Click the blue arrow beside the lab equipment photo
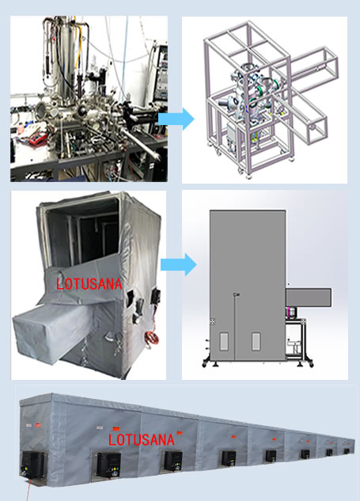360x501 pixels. pos(176,119)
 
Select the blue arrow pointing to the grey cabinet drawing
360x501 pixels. pos(179,264)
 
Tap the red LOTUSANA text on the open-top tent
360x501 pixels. pos(89,284)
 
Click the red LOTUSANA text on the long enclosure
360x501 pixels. pos(141,439)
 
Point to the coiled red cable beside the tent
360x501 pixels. pos(150,339)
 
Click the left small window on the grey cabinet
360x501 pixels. pos(224,341)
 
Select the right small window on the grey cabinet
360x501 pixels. pos(256,341)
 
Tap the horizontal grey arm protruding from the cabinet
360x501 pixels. pos(309,298)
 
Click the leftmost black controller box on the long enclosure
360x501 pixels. pos(33,465)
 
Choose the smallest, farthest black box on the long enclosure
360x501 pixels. pos(347,451)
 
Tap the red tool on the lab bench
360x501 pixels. pos(38,138)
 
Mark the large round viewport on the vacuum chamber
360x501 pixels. pos(41,109)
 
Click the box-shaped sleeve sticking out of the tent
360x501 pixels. pos(48,332)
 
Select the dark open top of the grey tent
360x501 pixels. pos(84,230)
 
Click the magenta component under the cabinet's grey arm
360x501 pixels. pos(291,313)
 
